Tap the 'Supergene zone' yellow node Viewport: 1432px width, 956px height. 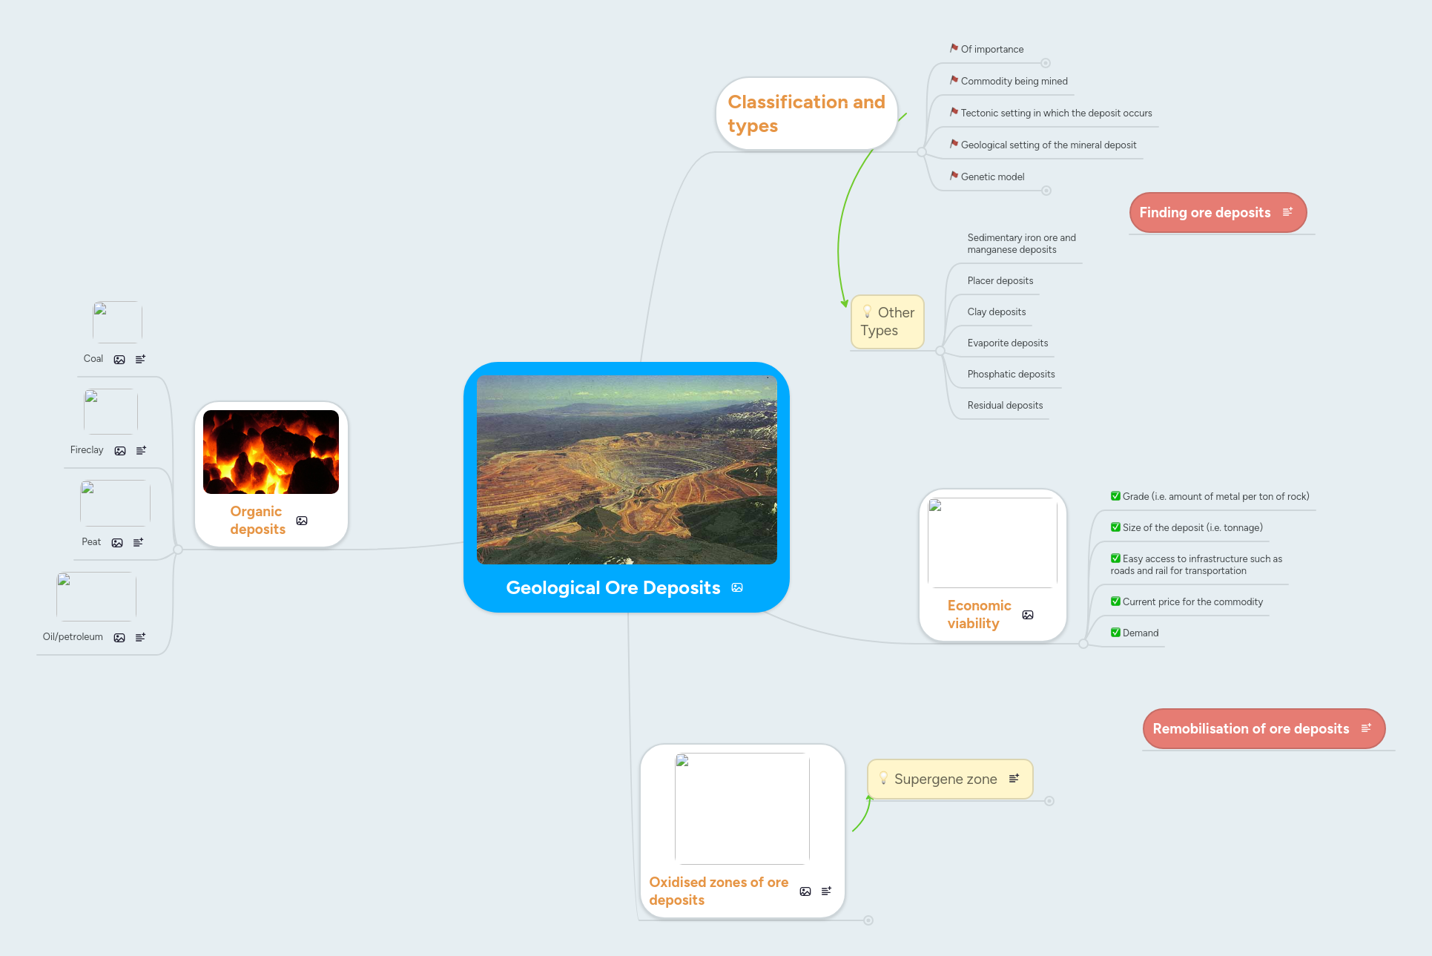tap(945, 779)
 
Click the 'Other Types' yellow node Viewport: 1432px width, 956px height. tap(887, 322)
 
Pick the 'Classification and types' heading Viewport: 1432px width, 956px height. tap(806, 113)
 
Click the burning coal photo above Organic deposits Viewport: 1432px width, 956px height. tap(271, 452)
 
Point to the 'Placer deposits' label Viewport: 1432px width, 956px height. tap(1000, 281)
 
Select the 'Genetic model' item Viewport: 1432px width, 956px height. tap(992, 177)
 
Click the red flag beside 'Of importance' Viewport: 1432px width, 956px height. tap(954, 48)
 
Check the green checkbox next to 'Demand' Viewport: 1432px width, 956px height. tap(1115, 633)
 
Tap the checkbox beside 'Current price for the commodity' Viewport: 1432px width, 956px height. tap(1115, 601)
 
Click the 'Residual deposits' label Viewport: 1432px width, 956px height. tap(1005, 406)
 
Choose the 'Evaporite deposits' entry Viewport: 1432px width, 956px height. tap(1007, 343)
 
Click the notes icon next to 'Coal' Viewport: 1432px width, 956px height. tap(140, 359)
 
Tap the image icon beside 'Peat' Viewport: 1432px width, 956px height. tap(117, 543)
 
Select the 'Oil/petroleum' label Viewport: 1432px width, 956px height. tap(73, 637)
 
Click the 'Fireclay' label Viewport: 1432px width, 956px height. tap(87, 450)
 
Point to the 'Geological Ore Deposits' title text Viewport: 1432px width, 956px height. tap(613, 588)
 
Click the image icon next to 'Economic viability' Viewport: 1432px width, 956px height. tap(1028, 615)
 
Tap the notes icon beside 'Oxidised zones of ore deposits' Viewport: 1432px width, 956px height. tap(826, 891)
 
